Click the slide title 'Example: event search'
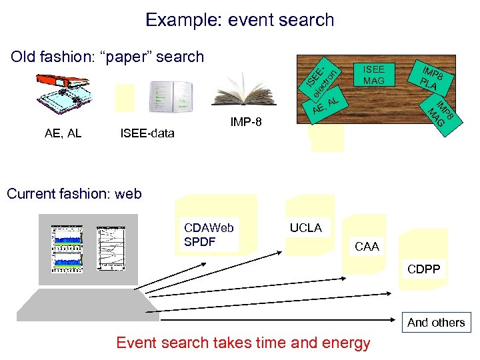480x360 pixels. coord(239,20)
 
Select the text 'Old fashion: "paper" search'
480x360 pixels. coord(107,57)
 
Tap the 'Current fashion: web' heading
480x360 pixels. coord(74,194)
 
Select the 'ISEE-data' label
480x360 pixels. coord(147,133)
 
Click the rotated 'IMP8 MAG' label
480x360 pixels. coord(441,115)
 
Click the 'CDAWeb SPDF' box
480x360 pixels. coord(210,234)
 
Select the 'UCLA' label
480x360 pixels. coord(306,227)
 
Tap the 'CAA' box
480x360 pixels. coord(367,247)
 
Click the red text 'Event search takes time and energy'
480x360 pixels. coord(243,343)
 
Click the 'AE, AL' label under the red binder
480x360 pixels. coord(63,133)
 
